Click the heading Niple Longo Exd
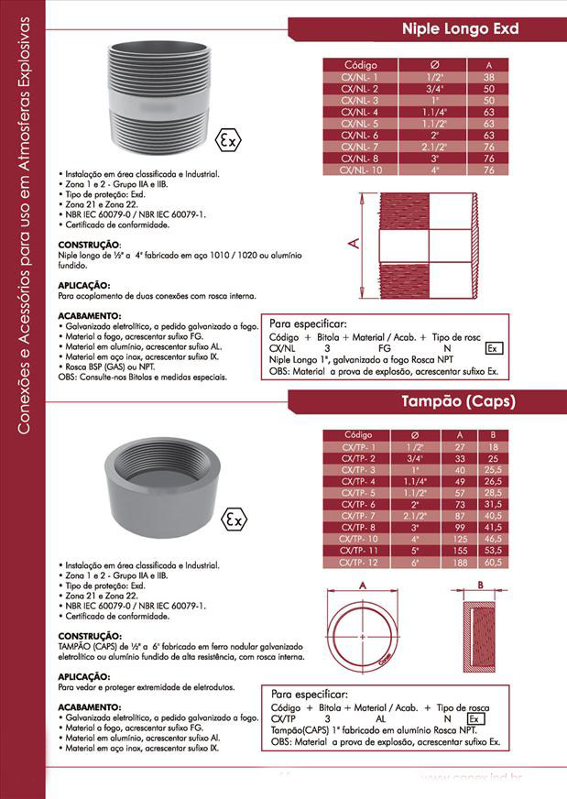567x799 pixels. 461,29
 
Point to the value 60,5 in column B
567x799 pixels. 493,561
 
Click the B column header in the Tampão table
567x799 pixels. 493,433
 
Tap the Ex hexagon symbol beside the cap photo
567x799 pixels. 234,519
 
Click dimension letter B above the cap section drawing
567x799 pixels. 479,585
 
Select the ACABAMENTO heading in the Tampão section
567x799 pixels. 90,707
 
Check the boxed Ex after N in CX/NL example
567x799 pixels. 493,348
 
